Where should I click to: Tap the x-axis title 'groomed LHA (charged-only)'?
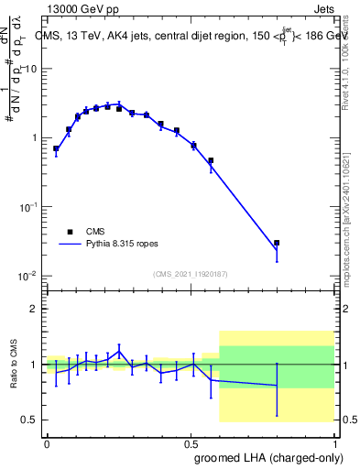(272, 457)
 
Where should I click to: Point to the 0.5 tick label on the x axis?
(191, 442)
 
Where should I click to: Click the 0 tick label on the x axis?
(47, 442)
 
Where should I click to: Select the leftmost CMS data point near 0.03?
(56, 148)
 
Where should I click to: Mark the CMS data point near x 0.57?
(211, 160)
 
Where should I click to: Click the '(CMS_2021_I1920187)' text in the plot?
(190, 273)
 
